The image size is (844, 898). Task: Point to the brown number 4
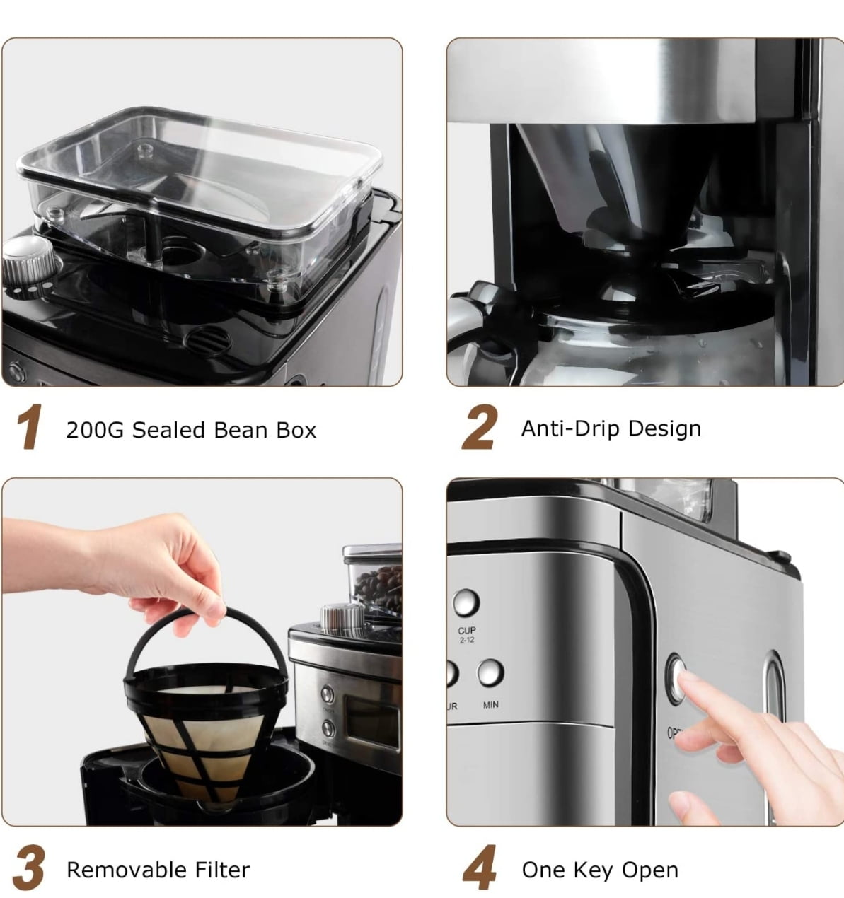coord(480,869)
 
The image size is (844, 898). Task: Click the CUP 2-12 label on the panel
coord(467,634)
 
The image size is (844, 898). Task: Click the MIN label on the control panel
coord(491,705)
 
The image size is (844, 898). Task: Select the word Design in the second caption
coord(664,428)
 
